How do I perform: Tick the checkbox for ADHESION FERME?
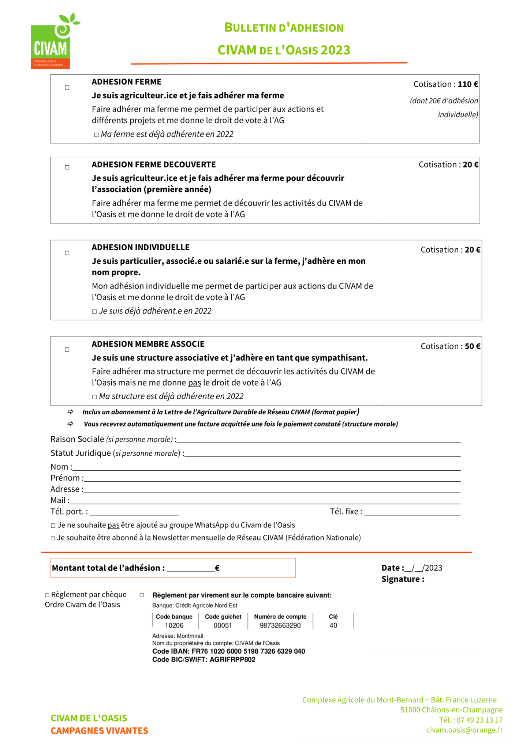tap(67, 87)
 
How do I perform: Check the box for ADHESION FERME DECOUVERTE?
tap(67, 168)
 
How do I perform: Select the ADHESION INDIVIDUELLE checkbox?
tap(67, 253)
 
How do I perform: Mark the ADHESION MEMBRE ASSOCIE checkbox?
tap(67, 350)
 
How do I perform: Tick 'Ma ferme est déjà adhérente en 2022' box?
tap(96, 135)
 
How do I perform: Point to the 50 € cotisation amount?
tap(473, 346)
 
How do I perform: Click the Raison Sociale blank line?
tap(318, 440)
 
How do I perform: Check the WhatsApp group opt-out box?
tap(53, 526)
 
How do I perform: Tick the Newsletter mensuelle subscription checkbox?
tap(53, 538)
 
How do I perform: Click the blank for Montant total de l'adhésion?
tap(190, 569)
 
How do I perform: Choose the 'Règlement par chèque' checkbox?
tap(47, 595)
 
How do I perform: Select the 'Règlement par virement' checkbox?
tap(142, 595)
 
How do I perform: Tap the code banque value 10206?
tap(174, 625)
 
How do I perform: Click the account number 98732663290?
tap(280, 625)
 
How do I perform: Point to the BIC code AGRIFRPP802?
tap(233, 659)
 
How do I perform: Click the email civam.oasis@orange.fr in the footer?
tap(464, 730)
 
